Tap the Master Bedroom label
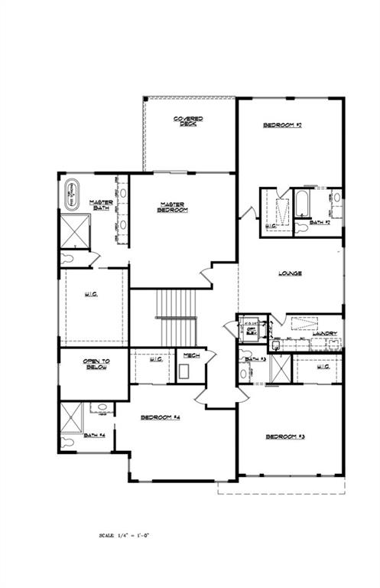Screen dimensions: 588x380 pos(174,207)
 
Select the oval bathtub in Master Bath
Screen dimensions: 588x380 pos(73,194)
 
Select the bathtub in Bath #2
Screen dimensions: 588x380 pos(300,204)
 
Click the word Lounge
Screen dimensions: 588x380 pos(289,273)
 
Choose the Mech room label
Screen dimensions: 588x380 pos(187,355)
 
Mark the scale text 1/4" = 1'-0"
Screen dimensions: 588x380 pos(125,535)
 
